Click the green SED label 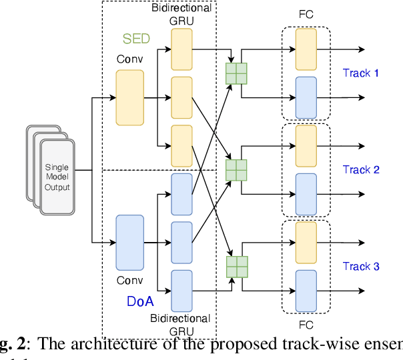(136, 39)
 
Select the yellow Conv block (130, 97)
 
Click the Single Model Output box (57, 177)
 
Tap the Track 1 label (360, 73)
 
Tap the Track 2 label (360, 169)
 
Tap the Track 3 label (360, 266)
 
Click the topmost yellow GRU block (181, 50)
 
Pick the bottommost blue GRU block (181, 291)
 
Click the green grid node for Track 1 (236, 73)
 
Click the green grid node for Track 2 (236, 170)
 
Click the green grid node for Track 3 (236, 267)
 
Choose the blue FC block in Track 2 (306, 193)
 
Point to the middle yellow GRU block (181, 97)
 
